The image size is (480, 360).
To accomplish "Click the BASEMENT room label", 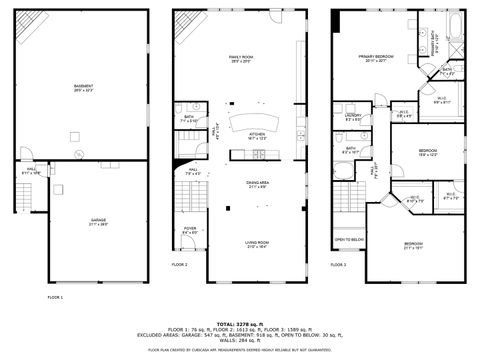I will pos(83,88).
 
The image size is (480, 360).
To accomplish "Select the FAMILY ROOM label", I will pos(240,58).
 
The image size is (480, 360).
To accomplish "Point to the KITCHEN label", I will pos(256,134).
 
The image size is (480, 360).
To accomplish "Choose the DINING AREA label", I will pos(257,183).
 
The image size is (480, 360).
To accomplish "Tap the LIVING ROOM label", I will pos(257,243).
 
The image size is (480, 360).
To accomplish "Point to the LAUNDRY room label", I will pos(353,117).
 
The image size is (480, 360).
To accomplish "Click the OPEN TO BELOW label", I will pos(348,240).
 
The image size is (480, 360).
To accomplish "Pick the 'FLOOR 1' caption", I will pos(55,297).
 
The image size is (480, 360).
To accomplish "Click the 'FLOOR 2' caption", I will pos(179,264).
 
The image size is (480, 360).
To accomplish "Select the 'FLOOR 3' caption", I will pos(338,264).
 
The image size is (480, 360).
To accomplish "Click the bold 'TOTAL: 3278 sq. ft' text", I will pos(240,323).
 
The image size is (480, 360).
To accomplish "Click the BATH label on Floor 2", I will pos(189,119).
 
